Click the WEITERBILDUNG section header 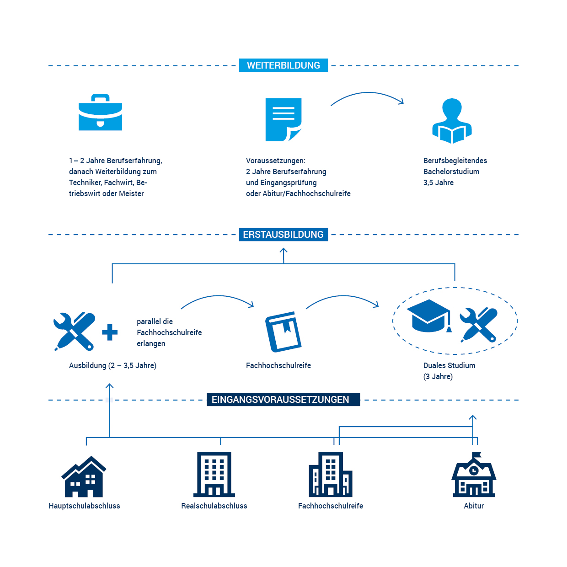point(283,65)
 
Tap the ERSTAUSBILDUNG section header point(283,235)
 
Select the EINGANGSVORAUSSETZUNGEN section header point(280,400)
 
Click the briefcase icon point(100,113)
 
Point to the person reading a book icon point(452,121)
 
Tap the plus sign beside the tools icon point(110,332)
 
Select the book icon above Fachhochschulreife point(283,332)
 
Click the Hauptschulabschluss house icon point(84,476)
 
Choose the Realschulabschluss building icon point(214,475)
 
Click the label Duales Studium point(449,365)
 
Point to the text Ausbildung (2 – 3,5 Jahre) point(112,365)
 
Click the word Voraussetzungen point(275,160)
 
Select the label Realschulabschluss point(214,506)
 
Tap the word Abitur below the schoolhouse point(474,506)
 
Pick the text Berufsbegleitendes point(455,160)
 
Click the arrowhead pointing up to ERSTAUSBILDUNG point(283,251)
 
